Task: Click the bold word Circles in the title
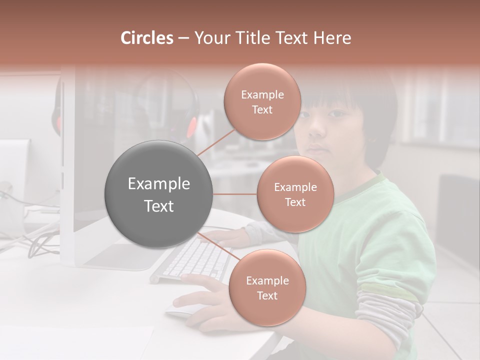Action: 146,38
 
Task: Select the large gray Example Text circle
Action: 159,194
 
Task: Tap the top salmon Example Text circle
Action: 262,102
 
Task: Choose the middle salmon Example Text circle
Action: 295,194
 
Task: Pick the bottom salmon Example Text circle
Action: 267,288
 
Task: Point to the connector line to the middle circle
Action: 235,194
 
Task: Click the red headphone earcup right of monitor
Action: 191,127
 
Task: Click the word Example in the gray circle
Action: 159,184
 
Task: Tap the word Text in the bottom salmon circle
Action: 267,295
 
